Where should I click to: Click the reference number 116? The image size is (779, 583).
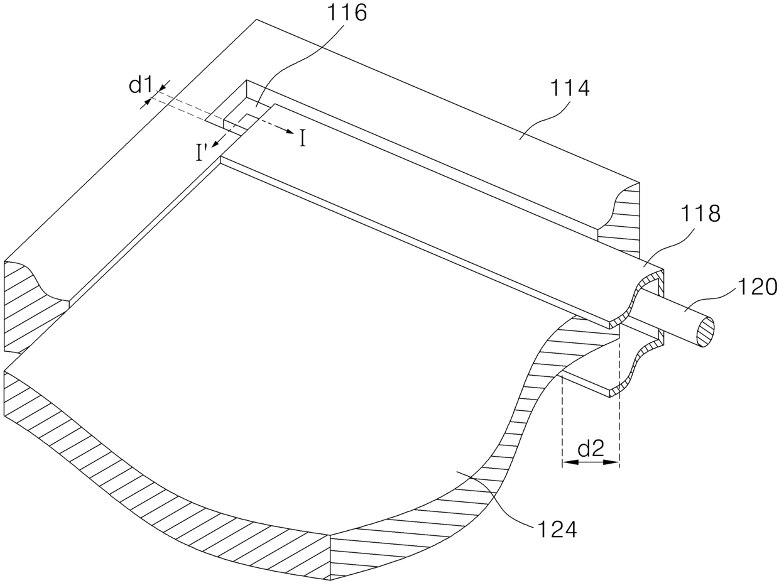pos(347,13)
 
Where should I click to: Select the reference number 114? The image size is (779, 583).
pos(570,88)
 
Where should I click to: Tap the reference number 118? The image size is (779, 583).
pos(700,214)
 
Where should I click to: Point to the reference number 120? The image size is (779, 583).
pos(757,286)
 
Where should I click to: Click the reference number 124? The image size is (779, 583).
pos(556,529)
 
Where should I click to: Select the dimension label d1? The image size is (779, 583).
pos(141,85)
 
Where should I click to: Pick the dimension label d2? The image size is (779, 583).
pos(591,448)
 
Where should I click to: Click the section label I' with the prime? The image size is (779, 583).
pos(202,153)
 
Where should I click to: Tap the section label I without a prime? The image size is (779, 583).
pos(303,138)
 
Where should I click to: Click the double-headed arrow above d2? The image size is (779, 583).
pos(591,462)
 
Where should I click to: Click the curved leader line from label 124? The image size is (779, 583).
pos(496,496)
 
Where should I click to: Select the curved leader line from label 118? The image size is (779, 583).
pos(666,245)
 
